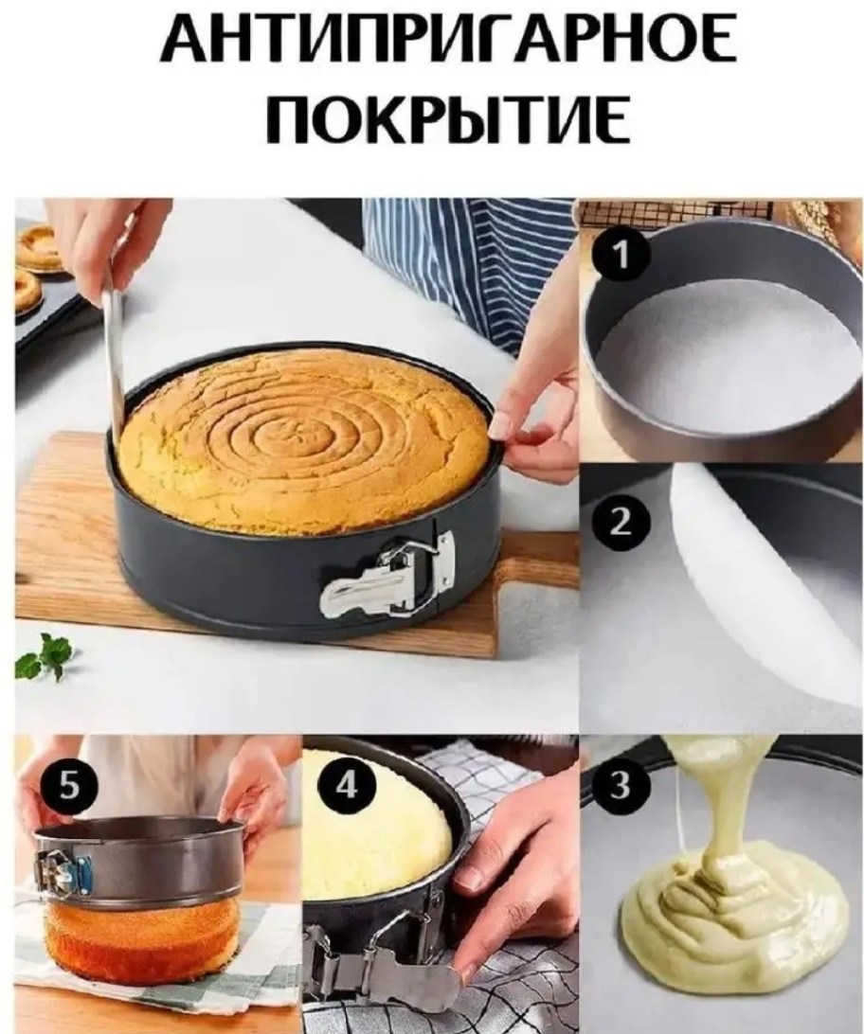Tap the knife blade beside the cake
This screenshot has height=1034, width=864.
[x=113, y=350]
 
